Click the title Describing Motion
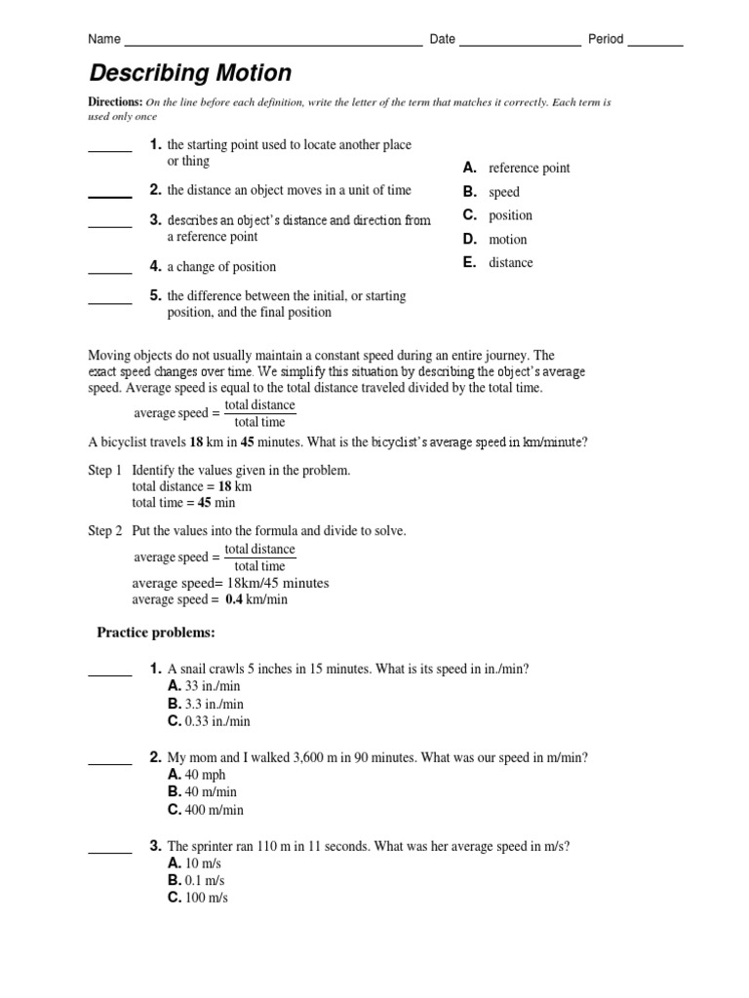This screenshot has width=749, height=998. (190, 73)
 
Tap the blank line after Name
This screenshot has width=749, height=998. (273, 45)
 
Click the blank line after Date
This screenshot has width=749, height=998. (519, 45)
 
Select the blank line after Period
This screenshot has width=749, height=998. (654, 45)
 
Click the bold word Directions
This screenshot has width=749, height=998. (115, 102)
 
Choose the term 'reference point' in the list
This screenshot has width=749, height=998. (529, 169)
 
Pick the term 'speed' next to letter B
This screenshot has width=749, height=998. (504, 192)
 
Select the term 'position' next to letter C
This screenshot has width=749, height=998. (510, 215)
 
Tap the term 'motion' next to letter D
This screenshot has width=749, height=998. (507, 239)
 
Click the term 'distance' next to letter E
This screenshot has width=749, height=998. (510, 262)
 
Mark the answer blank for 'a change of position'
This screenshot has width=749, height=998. (110, 272)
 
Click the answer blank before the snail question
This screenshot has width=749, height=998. (110, 673)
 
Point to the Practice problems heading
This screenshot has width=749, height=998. (155, 633)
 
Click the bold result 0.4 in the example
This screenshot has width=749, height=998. (233, 600)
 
